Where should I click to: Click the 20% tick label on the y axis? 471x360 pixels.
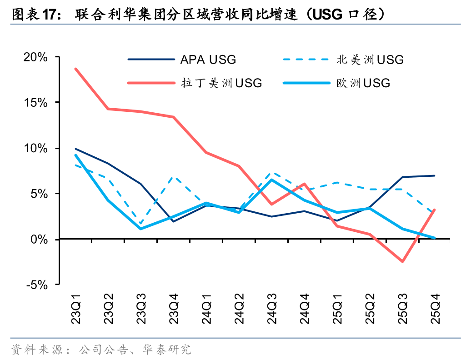pos(35,57)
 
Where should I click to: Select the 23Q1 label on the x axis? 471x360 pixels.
pos(75,309)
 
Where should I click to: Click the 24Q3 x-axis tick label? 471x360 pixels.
pos(272,309)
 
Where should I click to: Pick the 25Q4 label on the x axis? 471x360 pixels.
pos(435,309)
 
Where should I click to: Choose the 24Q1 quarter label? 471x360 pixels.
pos(206,309)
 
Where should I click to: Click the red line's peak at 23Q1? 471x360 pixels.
pos(75,69)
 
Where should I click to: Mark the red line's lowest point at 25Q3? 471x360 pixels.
pos(402,261)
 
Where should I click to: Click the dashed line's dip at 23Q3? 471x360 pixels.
pos(140,224)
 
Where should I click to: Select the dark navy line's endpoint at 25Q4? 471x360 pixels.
pos(435,175)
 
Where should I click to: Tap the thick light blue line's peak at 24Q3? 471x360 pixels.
pos(272,180)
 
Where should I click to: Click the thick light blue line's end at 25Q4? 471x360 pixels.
pos(435,238)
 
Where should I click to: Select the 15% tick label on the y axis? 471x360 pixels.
pos(35,103)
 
